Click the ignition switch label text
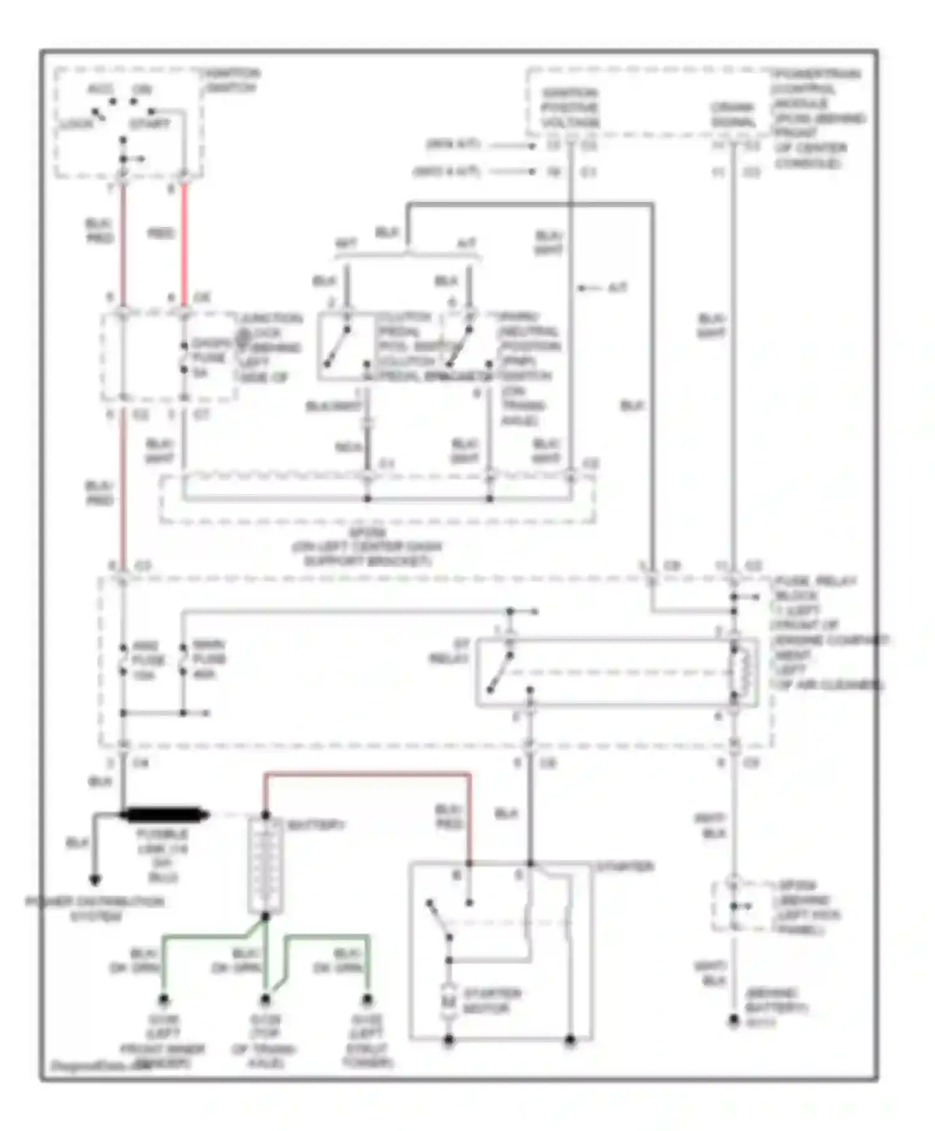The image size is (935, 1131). pos(232,81)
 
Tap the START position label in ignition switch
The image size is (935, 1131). pos(150,123)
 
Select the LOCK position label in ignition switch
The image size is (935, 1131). pos(76,123)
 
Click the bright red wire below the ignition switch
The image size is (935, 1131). pos(185,243)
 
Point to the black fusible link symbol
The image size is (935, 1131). pos(165,814)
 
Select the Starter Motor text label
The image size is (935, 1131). pos(492,1000)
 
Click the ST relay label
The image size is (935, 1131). pos(450,652)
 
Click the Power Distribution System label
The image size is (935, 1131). pos(95,908)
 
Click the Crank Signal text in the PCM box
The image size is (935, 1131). pos(733,115)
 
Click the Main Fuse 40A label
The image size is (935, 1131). pos(208,659)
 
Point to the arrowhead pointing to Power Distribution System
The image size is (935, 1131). pos(95,880)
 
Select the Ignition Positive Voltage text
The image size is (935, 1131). pos(570,108)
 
